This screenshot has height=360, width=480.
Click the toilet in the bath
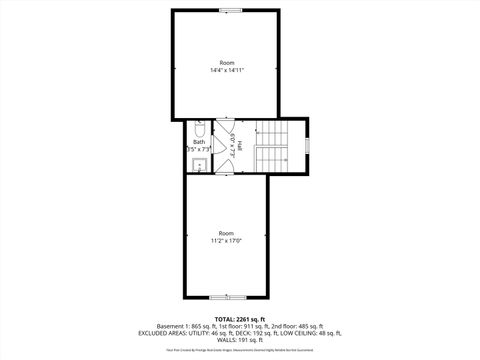click(198, 130)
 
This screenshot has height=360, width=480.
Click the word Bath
click(199, 142)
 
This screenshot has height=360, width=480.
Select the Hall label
click(240, 145)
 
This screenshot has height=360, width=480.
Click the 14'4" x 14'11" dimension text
click(227, 71)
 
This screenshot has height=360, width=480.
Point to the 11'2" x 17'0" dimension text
click(227, 241)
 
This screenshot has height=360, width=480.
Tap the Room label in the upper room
click(227, 63)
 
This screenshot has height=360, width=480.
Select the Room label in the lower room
click(227, 233)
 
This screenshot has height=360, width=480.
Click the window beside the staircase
click(306, 146)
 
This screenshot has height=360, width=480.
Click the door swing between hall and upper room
click(224, 127)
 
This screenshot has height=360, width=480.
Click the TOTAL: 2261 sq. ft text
click(239, 319)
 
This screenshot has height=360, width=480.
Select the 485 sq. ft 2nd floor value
click(310, 326)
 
